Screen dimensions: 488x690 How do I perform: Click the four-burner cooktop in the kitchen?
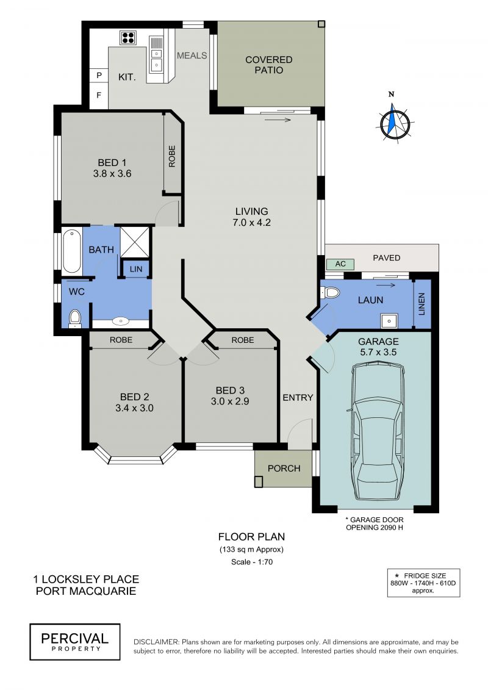click(x=127, y=38)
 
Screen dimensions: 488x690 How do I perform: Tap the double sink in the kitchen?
click(x=156, y=59)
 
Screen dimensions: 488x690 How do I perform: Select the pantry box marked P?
click(x=99, y=75)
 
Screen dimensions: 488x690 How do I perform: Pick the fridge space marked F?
click(x=99, y=95)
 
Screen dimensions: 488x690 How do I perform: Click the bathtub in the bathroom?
click(x=72, y=250)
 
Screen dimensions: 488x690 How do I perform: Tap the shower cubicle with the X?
click(x=135, y=242)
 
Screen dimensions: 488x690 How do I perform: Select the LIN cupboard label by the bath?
click(x=136, y=269)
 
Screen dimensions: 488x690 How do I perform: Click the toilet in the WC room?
click(x=75, y=318)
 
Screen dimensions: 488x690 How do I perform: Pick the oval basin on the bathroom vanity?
click(x=121, y=322)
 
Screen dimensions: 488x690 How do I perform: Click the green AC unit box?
click(x=340, y=264)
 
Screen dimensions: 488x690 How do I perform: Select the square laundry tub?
click(x=389, y=321)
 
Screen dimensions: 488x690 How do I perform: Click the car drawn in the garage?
click(x=378, y=431)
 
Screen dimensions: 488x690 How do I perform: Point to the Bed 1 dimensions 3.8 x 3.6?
click(x=112, y=174)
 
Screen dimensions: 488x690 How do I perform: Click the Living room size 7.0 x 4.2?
click(x=251, y=223)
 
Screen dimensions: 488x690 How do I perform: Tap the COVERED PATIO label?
click(x=269, y=65)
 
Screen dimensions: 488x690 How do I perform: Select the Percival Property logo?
click(x=75, y=642)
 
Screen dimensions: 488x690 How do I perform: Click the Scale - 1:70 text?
click(x=252, y=562)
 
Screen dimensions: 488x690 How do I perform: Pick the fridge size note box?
click(x=424, y=583)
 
